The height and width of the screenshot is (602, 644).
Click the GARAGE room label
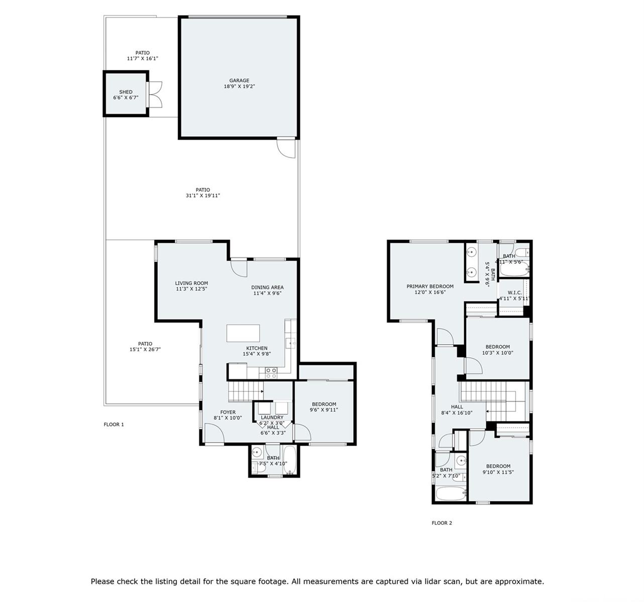point(239,80)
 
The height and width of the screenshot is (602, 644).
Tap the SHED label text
point(126,92)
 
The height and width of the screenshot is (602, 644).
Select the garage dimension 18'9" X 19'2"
point(239,86)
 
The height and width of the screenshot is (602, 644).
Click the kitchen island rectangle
point(243,333)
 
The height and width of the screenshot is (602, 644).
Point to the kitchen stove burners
point(271,373)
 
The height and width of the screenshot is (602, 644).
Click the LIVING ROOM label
point(192,283)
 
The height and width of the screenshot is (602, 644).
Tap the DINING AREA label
point(268,287)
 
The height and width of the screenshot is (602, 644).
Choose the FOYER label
point(228,412)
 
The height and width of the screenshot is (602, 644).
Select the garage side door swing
point(286,149)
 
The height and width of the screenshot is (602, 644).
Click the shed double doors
point(155,94)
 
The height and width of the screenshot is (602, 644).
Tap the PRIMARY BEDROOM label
point(430,286)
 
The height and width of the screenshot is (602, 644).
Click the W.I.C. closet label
point(515,293)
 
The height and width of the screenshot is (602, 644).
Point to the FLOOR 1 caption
point(114,424)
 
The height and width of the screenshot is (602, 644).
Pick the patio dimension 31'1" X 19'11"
point(203,196)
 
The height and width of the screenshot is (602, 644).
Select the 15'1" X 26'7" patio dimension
point(145,350)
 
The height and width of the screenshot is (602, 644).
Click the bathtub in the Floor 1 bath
point(289,460)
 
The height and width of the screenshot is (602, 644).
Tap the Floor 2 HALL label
point(457,407)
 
